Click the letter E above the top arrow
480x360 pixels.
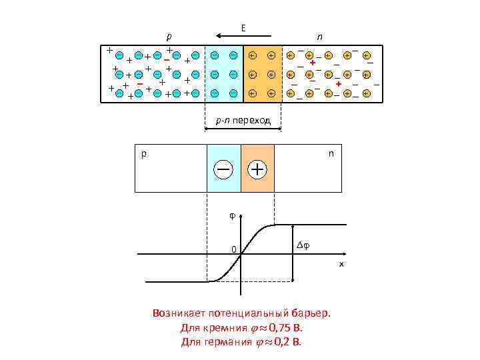243,27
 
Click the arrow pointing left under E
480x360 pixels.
243,36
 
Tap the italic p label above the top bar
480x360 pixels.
169,36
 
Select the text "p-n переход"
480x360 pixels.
242,121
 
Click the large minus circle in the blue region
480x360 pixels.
223,169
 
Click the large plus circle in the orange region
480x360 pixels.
257,169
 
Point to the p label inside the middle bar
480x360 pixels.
143,153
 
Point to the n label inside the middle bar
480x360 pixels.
331,153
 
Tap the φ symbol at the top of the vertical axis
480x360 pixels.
232,215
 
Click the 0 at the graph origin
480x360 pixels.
233,250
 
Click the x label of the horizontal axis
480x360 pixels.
341,264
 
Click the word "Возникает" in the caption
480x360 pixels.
178,313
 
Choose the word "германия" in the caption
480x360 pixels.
225,342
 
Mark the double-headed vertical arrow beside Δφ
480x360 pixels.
293,253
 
